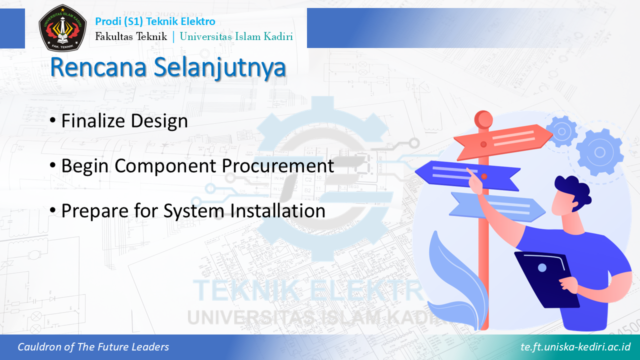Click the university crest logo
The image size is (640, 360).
[62, 27]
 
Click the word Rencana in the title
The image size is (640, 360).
[98, 67]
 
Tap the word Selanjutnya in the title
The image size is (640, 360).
[220, 68]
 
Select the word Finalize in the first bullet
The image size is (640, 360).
[93, 120]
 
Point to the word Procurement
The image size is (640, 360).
[277, 165]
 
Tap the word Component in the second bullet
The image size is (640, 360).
[165, 166]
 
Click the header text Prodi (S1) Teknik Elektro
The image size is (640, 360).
[155, 21]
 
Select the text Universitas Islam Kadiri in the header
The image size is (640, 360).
[236, 36]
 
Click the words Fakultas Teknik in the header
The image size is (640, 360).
[131, 36]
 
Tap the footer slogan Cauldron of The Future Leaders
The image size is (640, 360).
[93, 347]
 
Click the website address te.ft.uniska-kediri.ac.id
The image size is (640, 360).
[575, 347]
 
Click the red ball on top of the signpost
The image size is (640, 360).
[483, 119]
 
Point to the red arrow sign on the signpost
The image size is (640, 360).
[503, 142]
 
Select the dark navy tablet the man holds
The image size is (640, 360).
[547, 280]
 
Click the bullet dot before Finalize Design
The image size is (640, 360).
[52, 120]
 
